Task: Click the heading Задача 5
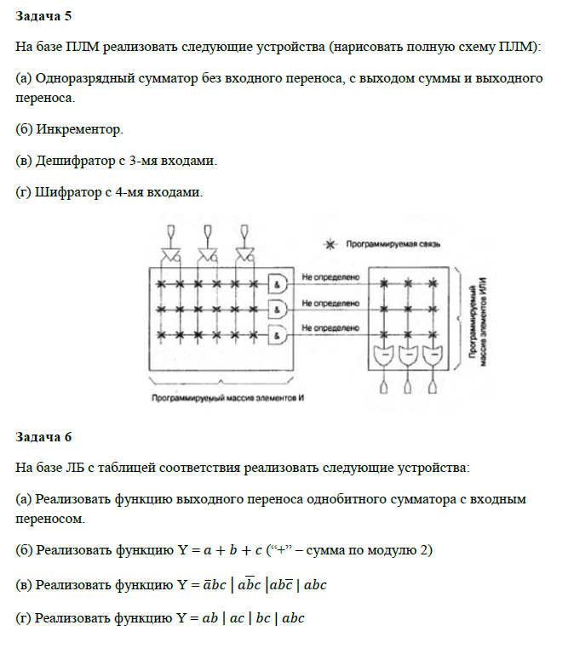(x=43, y=17)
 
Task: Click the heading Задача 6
(x=43, y=437)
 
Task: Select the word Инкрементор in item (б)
(x=79, y=130)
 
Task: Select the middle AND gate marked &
(x=278, y=309)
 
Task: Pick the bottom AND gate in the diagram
(x=278, y=336)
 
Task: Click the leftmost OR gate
(x=385, y=355)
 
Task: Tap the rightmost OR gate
(x=432, y=355)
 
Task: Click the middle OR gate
(x=409, y=355)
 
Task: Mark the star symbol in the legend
(x=331, y=244)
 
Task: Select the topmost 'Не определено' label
(x=332, y=276)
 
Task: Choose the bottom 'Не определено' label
(x=332, y=327)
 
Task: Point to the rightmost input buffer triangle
(x=246, y=254)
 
